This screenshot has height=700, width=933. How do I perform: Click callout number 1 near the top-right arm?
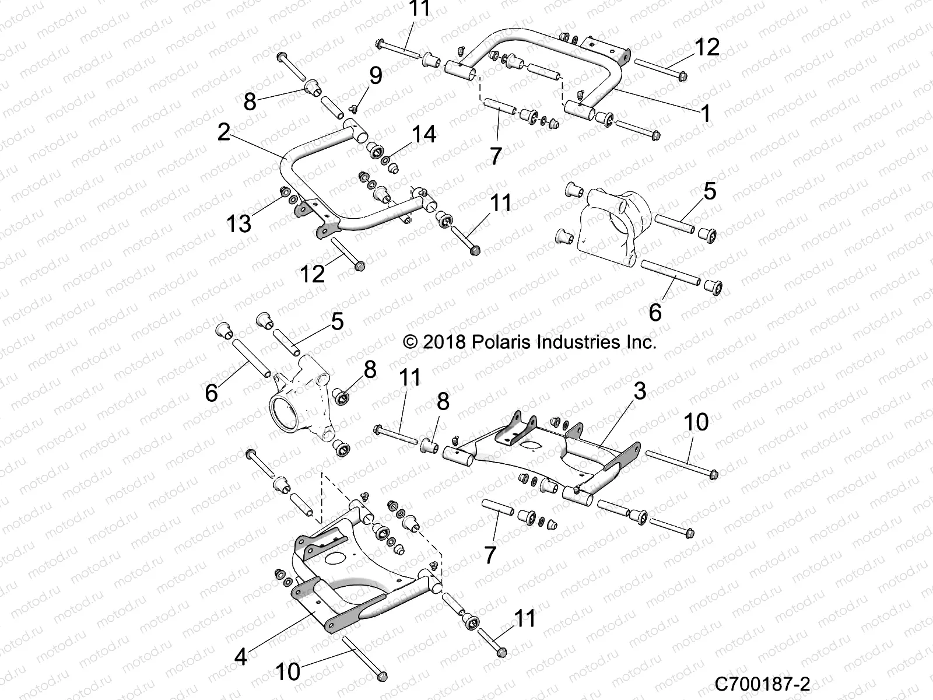(706, 113)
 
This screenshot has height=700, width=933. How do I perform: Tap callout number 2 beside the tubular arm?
(223, 132)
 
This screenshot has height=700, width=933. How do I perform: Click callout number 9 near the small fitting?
(376, 75)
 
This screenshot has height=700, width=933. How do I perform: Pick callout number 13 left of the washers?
(238, 223)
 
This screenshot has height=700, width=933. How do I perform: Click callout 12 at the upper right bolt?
(707, 47)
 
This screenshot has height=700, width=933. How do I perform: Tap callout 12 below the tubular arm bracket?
(311, 273)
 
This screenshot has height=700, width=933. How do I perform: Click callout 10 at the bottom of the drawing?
(287, 671)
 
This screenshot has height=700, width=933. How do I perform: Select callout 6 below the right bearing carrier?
(655, 313)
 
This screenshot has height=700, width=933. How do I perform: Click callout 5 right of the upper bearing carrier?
(710, 191)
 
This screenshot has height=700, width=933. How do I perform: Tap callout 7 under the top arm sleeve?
(496, 155)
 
